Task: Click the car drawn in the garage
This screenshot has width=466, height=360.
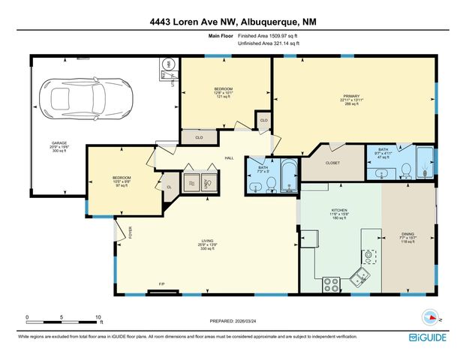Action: pyautogui.click(x=88, y=95)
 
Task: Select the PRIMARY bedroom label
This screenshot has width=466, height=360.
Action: pyautogui.click(x=353, y=97)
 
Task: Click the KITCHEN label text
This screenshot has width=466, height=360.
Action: pyautogui.click(x=340, y=211)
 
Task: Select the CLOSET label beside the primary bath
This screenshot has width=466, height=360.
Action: pyautogui.click(x=332, y=163)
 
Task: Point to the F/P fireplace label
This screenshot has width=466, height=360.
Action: pyautogui.click(x=161, y=283)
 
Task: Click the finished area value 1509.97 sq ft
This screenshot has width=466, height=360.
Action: pyautogui.click(x=269, y=36)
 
